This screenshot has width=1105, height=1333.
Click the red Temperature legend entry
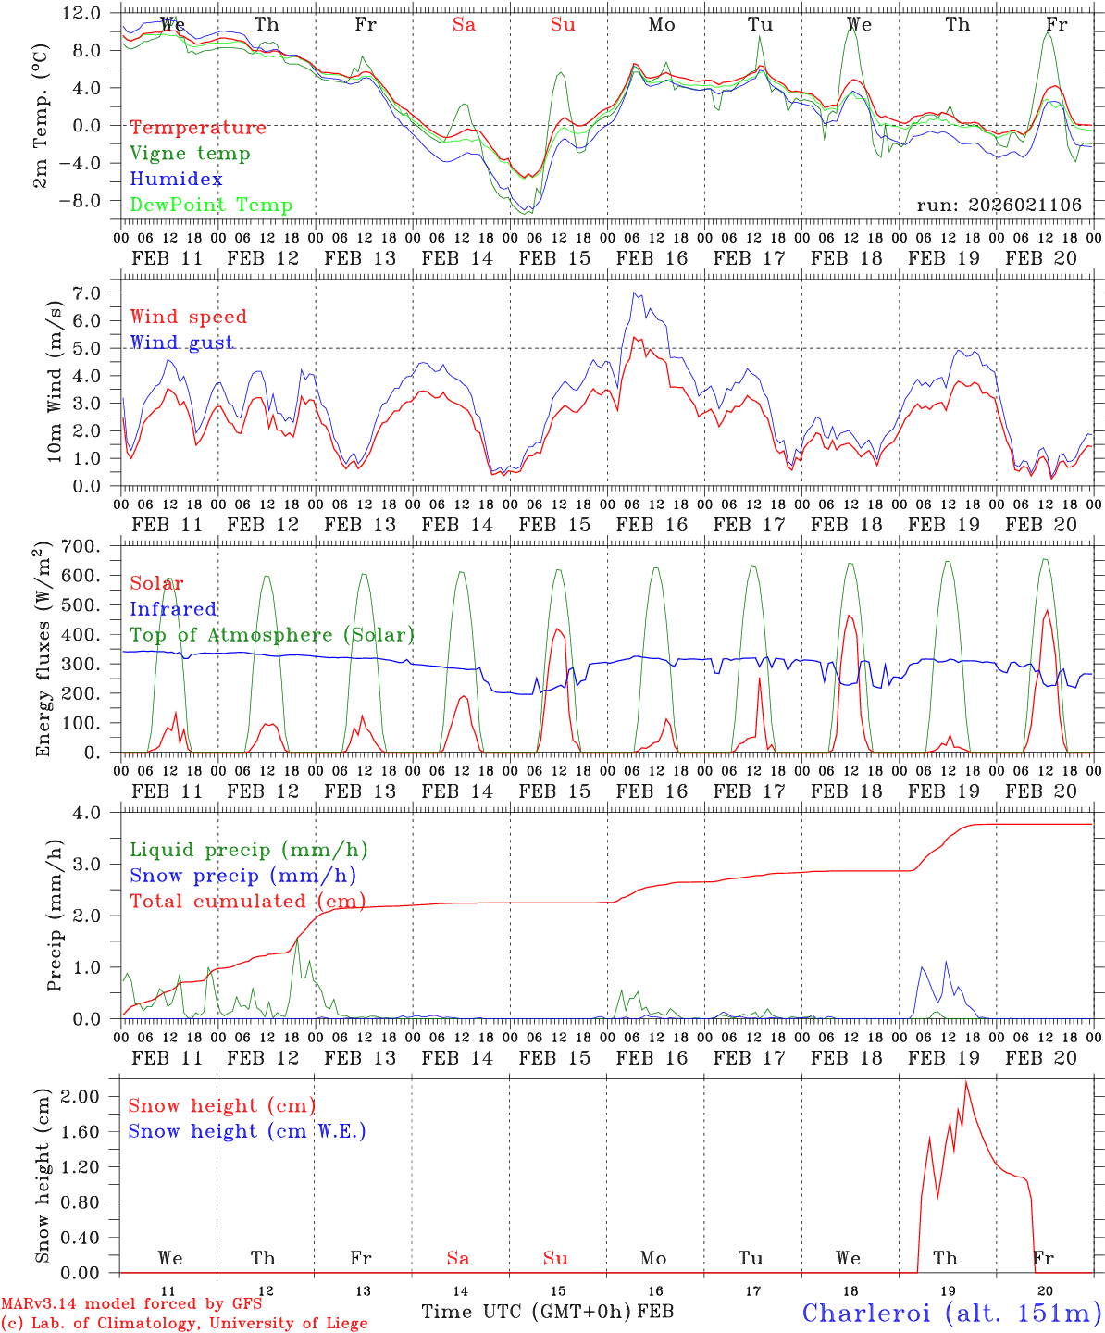point(197,128)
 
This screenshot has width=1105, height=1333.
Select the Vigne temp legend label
point(190,154)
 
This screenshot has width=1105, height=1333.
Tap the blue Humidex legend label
point(176,180)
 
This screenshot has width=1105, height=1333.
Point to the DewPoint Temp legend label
point(211,206)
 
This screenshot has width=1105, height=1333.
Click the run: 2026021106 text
point(999,206)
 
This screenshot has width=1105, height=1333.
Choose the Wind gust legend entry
point(181,343)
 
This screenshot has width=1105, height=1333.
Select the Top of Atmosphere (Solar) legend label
point(271,635)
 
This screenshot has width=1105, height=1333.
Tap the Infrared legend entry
point(173,609)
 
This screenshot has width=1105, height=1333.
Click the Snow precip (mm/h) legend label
point(242,876)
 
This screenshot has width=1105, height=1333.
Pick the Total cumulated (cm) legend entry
point(247,902)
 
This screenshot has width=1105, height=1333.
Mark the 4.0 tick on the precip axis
point(93,813)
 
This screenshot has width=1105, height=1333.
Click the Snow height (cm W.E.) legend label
point(246,1131)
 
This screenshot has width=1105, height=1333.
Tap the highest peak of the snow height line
point(966,1081)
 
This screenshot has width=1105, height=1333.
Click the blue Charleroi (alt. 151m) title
point(951,1313)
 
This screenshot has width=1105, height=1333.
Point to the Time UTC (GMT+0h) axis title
point(526,1312)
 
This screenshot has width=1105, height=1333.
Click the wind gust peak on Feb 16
point(635,293)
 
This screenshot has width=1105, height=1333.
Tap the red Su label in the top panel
point(563,25)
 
